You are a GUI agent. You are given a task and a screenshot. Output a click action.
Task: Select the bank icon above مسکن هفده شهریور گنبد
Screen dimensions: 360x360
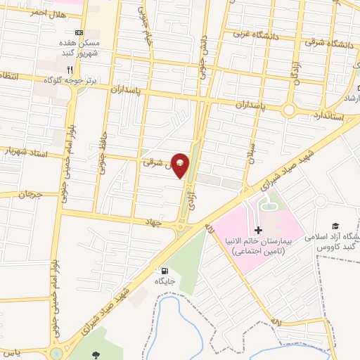click(79, 33)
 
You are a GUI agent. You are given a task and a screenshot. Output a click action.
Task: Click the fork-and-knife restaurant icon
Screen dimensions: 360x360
click(70, 69)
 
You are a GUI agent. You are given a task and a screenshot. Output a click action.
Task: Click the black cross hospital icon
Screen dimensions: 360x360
click(258, 231)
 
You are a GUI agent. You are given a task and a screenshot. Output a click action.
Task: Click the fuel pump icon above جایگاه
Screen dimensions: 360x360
click(165, 271)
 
